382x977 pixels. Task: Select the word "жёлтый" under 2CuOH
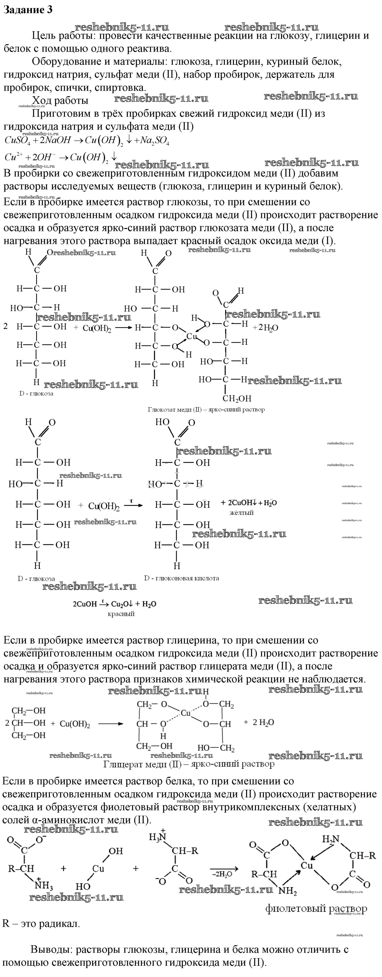point(242,513)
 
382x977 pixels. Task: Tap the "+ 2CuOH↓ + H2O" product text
point(249,503)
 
